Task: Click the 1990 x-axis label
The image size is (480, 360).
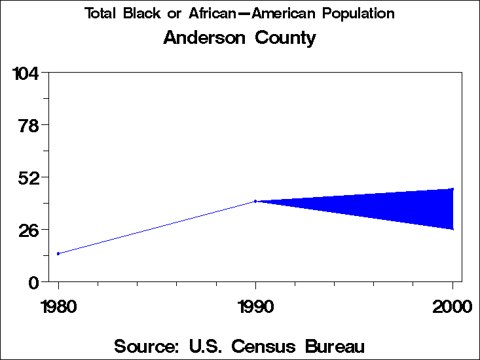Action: point(255,306)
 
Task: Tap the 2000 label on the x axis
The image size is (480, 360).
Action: point(452,306)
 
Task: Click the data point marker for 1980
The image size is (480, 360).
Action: point(58,253)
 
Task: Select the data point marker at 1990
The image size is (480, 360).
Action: point(255,201)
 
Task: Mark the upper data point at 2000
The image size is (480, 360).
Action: point(452,189)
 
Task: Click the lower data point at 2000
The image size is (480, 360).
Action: point(452,229)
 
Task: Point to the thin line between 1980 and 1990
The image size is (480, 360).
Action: point(157,227)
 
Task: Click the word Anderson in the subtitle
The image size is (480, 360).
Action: point(202,38)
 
